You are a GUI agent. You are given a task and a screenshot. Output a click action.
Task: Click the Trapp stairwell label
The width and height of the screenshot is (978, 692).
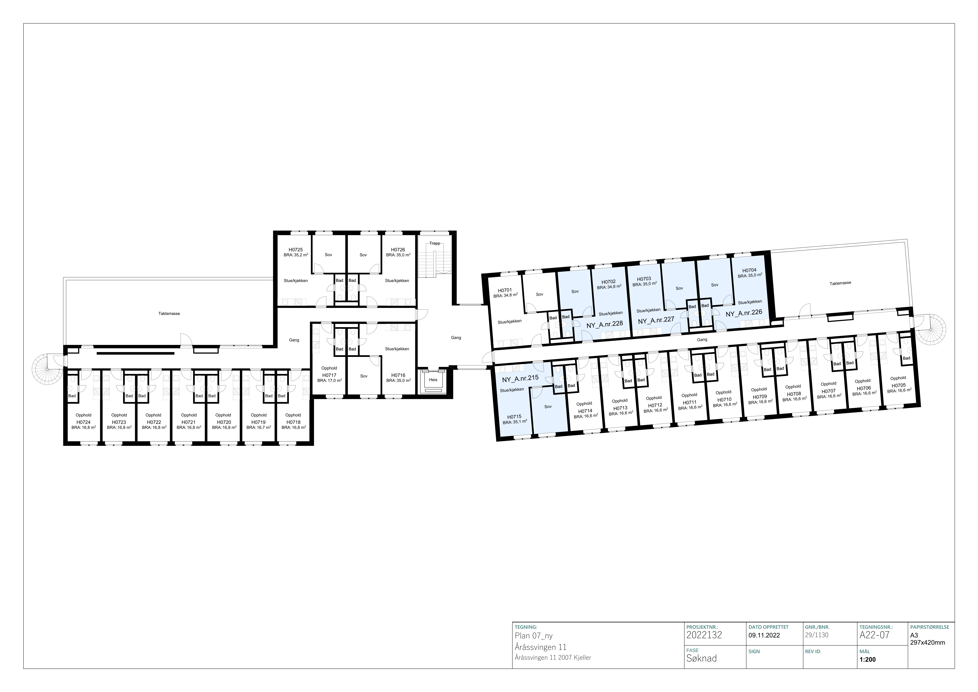[x=434, y=243]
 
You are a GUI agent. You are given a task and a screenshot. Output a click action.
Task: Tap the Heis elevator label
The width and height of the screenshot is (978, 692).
[x=433, y=380]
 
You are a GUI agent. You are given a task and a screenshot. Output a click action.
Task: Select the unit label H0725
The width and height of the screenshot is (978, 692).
[x=296, y=250]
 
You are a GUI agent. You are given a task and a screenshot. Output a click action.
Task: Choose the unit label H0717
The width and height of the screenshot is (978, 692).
[x=329, y=375]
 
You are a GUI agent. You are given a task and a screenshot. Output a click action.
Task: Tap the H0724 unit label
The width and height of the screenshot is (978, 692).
[x=84, y=422]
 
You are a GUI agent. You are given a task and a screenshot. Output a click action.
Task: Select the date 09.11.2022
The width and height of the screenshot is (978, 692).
[x=764, y=635]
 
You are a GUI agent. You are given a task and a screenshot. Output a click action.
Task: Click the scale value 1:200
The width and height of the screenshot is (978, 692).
[x=868, y=660]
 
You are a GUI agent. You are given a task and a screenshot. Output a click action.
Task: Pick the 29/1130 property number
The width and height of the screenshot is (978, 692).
[x=816, y=635]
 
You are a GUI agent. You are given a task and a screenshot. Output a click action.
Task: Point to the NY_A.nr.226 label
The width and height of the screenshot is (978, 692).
[x=744, y=313]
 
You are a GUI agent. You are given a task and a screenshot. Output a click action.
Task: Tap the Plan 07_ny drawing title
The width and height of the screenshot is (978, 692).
[x=534, y=636]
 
